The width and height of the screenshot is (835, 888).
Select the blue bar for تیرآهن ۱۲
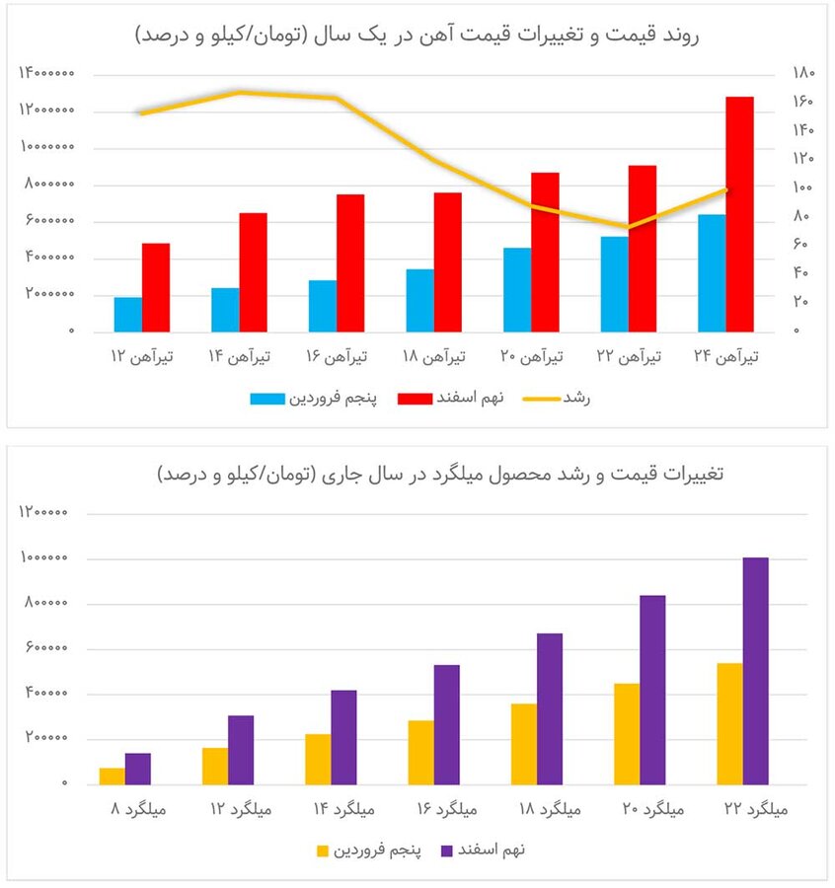[127, 314]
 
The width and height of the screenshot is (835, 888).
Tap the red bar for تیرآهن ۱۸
[447, 261]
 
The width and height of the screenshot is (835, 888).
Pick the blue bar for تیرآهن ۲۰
[517, 289]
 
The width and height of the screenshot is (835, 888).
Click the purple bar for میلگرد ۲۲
[755, 671]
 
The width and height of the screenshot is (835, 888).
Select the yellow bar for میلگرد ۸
[113, 776]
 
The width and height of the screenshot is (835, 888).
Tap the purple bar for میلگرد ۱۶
[447, 724]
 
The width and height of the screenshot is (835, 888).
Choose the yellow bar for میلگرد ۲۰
[627, 733]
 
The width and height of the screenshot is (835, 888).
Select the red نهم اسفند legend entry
[450, 399]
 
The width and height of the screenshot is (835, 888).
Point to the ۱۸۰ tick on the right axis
[802, 73]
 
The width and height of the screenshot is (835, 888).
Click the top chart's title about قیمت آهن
[417, 35]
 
